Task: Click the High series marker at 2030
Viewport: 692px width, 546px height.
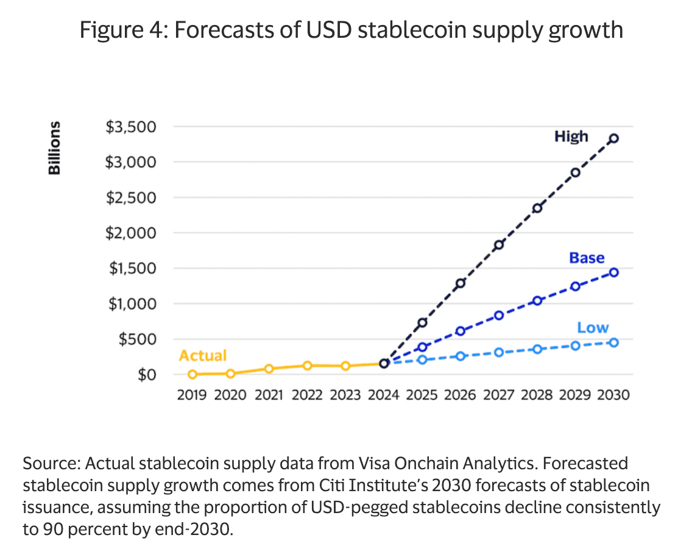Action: coord(614,138)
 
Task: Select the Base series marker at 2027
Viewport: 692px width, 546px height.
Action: coord(499,315)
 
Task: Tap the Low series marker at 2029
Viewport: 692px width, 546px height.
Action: coord(576,346)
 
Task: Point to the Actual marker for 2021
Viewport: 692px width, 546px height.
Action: coord(269,369)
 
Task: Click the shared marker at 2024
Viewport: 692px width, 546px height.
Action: coord(384,363)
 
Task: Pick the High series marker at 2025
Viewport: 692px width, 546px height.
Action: coord(422,322)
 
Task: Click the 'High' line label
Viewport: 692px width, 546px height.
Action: coord(571,136)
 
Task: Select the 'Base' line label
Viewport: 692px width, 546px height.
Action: coord(587,258)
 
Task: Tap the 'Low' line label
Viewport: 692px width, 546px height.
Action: coord(593,328)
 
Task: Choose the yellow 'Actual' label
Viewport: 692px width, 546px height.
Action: coord(203,355)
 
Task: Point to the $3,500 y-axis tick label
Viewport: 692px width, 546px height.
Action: coord(131,127)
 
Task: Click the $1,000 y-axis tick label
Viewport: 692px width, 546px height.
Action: coord(131,303)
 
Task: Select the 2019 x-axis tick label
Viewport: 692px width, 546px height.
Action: coord(192,395)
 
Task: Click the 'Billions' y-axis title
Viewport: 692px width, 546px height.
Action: coord(55,148)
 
